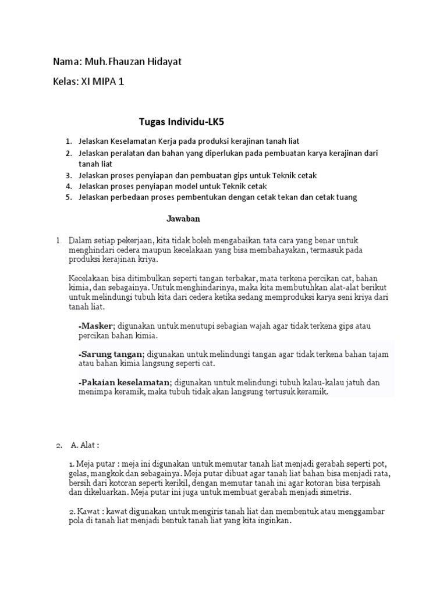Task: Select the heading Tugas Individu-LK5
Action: (x=181, y=122)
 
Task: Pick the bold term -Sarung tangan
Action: (x=110, y=354)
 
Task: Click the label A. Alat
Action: (x=85, y=445)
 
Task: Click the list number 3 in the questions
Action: (x=68, y=175)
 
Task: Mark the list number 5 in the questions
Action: (x=68, y=197)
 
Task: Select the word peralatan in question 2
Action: (x=129, y=153)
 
